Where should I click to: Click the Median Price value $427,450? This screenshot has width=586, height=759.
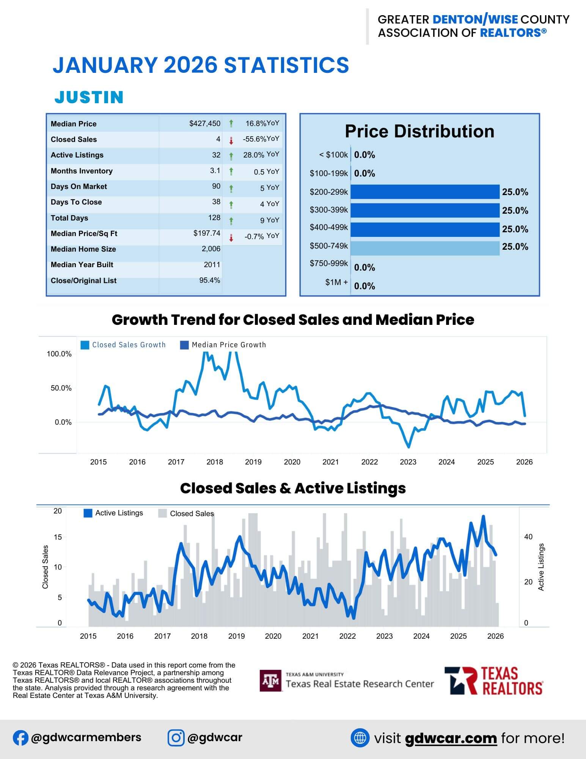point(205,124)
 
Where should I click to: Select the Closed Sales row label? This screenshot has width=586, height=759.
point(74,140)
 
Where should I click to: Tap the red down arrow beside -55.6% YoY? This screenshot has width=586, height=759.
point(231,141)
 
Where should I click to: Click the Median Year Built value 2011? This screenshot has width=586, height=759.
point(212,265)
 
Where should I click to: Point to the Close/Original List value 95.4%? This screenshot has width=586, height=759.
point(209,280)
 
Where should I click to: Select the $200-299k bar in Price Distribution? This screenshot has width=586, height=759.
point(425,192)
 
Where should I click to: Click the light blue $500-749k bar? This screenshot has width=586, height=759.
point(425,248)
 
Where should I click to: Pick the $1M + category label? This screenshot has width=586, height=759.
point(336,282)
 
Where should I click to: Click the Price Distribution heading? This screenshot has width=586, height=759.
point(419,131)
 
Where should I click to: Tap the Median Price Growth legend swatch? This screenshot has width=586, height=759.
point(184,345)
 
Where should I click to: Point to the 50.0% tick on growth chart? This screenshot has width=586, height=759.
point(59,388)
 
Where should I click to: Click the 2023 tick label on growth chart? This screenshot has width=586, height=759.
point(408,462)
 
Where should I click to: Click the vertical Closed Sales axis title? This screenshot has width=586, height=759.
point(46,567)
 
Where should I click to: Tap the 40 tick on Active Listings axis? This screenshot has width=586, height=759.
point(528,537)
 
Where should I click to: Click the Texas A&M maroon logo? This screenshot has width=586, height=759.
point(270,680)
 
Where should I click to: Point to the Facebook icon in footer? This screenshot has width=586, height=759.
point(20,738)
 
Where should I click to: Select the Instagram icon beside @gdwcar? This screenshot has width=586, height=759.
point(176,738)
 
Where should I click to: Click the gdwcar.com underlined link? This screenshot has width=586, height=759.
point(451,738)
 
